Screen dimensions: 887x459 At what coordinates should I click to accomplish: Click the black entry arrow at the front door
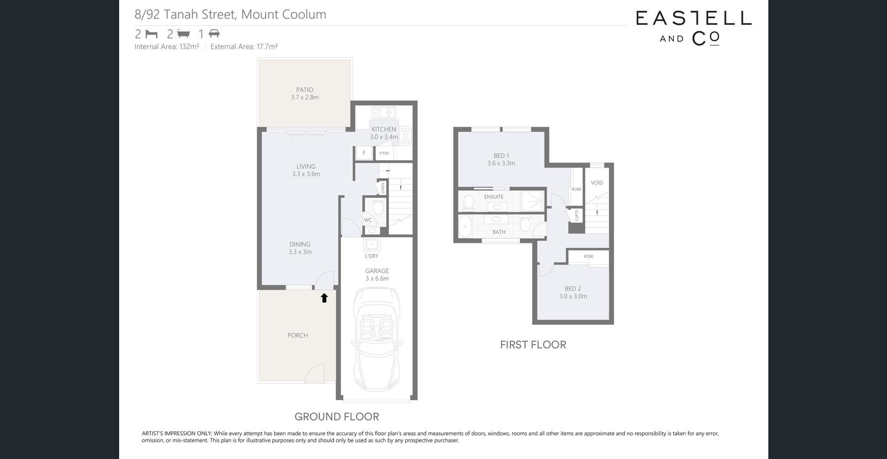click(324, 298)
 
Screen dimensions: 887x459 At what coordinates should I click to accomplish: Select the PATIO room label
click(305, 89)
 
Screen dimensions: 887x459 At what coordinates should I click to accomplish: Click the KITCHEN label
click(384, 129)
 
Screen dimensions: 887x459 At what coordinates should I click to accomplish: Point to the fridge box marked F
click(364, 153)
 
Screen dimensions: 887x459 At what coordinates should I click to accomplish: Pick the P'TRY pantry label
click(385, 153)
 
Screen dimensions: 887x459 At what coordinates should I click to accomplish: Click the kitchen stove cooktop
click(406, 136)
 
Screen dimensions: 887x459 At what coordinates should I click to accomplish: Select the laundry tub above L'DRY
click(372, 244)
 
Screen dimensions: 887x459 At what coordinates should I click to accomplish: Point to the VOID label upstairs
click(597, 183)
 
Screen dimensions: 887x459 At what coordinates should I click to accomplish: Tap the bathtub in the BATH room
click(465, 227)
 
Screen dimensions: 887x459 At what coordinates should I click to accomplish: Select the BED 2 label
click(573, 289)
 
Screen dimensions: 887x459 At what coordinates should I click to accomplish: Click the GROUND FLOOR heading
click(337, 417)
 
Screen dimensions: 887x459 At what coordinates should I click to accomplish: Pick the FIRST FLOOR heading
click(533, 345)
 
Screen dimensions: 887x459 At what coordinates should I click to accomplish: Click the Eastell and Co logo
click(693, 28)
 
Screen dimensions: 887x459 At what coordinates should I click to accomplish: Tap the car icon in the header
click(214, 34)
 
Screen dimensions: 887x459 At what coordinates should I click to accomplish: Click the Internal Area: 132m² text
click(167, 47)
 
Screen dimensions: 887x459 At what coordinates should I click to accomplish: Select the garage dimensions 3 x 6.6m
click(377, 279)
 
